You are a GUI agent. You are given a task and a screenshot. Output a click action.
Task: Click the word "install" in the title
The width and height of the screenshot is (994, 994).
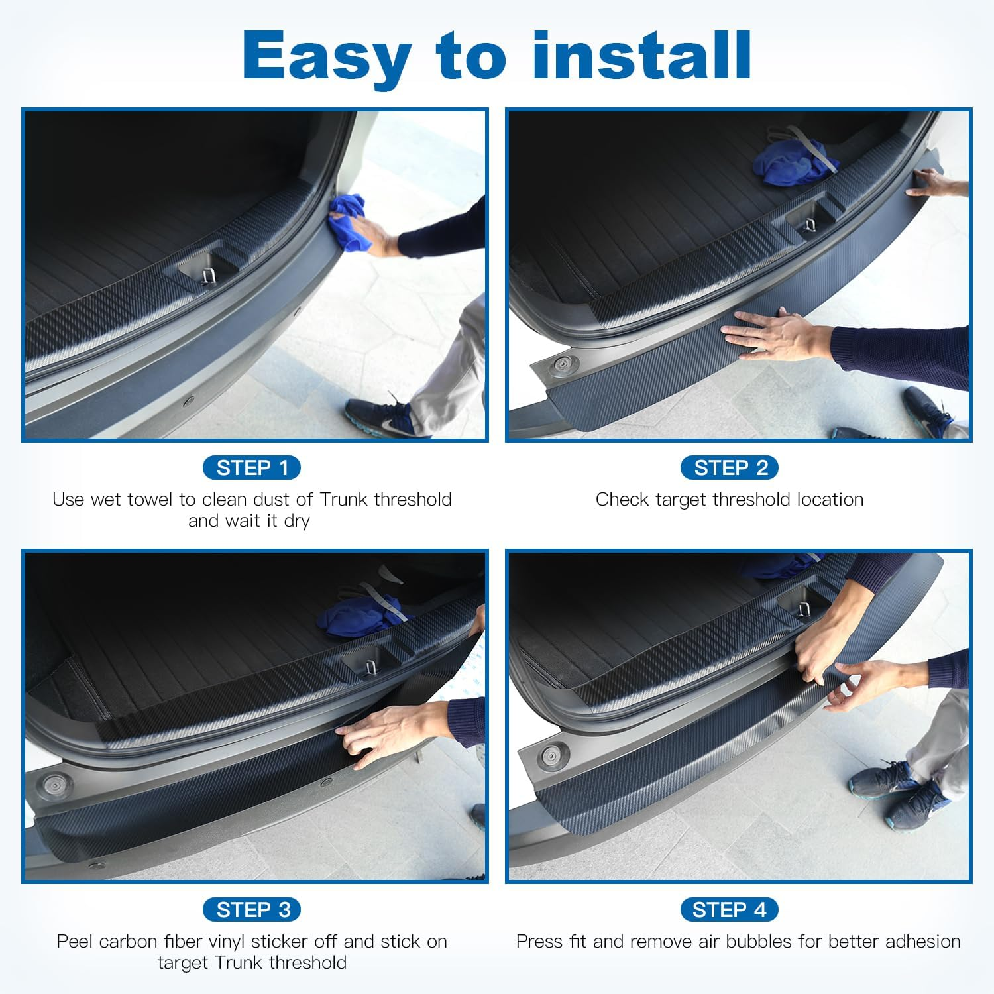[641, 56]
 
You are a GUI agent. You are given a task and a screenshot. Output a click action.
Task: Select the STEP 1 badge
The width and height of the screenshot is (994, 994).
[252, 468]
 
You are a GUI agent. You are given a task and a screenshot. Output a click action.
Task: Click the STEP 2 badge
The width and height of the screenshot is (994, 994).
[730, 468]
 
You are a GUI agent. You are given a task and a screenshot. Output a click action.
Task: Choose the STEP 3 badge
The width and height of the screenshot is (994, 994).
[252, 910]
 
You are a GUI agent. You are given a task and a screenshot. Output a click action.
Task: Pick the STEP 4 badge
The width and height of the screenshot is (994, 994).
[730, 910]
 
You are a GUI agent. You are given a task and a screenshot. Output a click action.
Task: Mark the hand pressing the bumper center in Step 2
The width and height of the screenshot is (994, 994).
[775, 335]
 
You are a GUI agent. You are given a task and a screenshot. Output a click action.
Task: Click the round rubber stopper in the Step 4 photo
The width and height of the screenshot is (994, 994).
[549, 755]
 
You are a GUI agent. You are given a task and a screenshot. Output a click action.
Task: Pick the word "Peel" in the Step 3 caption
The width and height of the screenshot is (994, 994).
[75, 942]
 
